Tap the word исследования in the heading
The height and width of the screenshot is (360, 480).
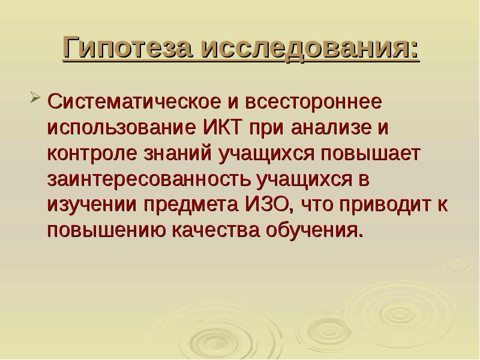coord(309,48)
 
